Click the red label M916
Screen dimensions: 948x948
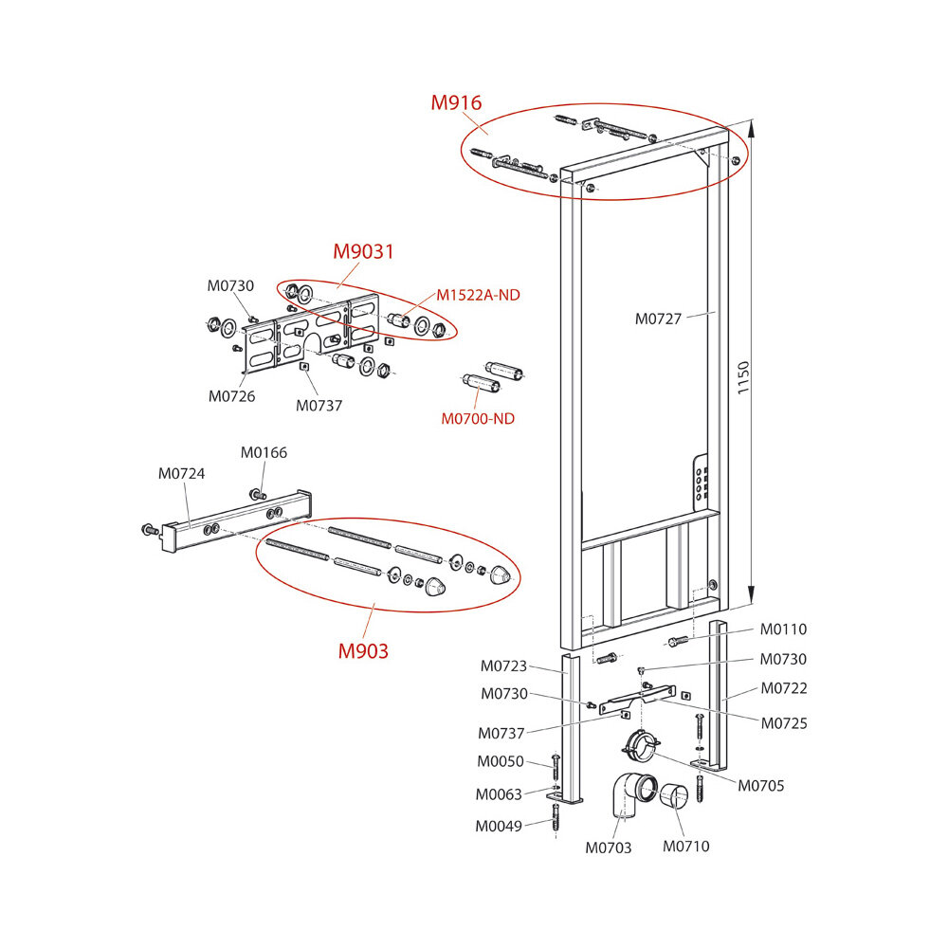tap(456, 103)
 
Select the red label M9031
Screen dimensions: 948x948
tap(362, 252)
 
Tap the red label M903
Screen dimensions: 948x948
tap(364, 651)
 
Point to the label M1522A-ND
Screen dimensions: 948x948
tap(478, 295)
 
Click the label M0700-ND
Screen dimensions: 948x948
tap(478, 419)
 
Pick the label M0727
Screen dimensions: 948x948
tap(658, 319)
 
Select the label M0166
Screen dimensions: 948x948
tap(264, 453)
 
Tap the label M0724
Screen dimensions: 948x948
tap(180, 473)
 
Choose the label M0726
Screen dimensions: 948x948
tap(231, 396)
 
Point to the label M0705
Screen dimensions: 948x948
tap(761, 785)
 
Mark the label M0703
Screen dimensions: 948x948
tap(608, 848)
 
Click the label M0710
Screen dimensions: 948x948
tap(685, 847)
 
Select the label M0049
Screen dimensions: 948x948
tap(499, 826)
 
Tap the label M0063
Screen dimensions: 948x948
tap(499, 794)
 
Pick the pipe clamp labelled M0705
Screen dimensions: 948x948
tap(641, 744)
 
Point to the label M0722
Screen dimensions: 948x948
tap(784, 688)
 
